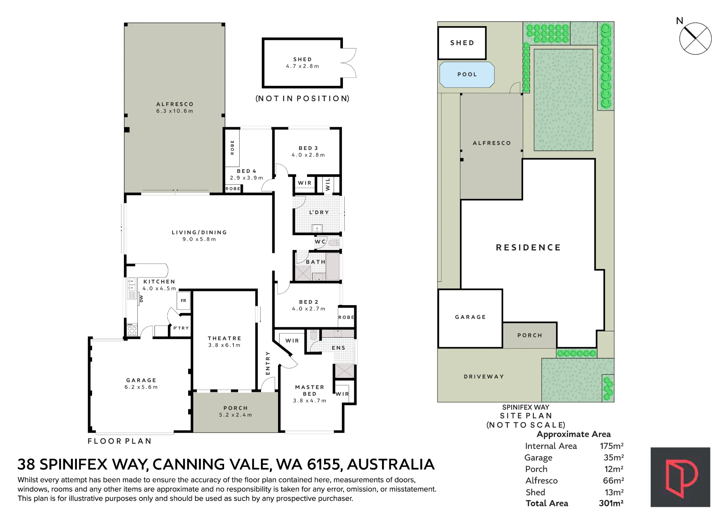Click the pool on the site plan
[467, 75]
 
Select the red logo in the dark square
[680, 477]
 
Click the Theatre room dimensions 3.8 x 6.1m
[224, 345]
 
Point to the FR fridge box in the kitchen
[183, 300]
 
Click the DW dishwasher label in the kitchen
[142, 298]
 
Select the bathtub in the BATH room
[332, 267]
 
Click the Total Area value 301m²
[611, 503]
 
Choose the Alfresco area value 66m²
[613, 480]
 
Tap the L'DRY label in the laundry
[319, 212]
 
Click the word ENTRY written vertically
[268, 363]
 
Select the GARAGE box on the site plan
[470, 319]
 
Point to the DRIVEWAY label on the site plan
[484, 377]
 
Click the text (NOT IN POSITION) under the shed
[303, 99]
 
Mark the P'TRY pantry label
[181, 328]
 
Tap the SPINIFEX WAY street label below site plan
[526, 407]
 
